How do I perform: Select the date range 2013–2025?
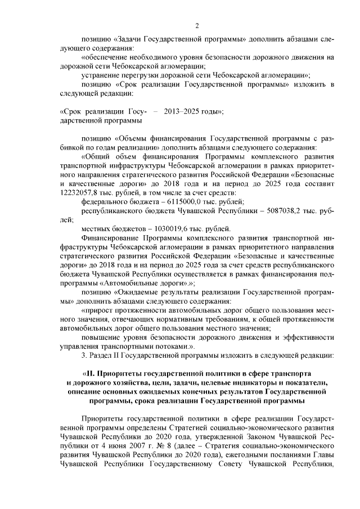182,111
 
